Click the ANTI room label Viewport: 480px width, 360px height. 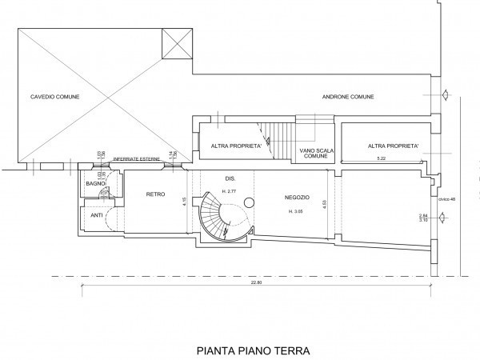96,214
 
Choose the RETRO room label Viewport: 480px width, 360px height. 155,193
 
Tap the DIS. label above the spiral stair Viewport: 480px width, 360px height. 230,178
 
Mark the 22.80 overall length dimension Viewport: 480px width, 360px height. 257,281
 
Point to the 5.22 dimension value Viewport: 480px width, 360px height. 382,159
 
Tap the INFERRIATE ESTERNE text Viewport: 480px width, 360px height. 138,160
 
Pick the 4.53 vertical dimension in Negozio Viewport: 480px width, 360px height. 324,204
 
